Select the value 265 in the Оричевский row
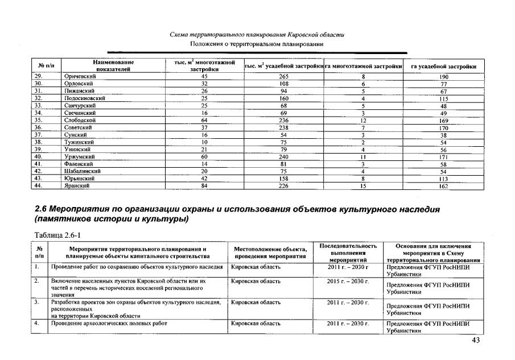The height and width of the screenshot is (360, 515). (283, 76)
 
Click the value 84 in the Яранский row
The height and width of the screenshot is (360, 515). (204, 185)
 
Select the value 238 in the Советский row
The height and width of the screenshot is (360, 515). (283, 127)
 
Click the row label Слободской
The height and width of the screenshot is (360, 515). (80, 120)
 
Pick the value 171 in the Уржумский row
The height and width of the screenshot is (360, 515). (444, 156)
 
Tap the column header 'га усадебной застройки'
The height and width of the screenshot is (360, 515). (444, 67)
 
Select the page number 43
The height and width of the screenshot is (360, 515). (476, 340)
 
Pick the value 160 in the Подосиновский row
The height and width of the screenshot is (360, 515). (283, 98)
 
